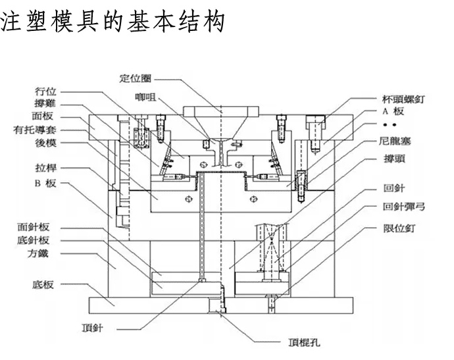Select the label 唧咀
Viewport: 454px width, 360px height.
click(x=145, y=97)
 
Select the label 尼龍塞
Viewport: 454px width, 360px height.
click(x=394, y=141)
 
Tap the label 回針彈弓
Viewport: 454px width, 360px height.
click(x=403, y=207)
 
